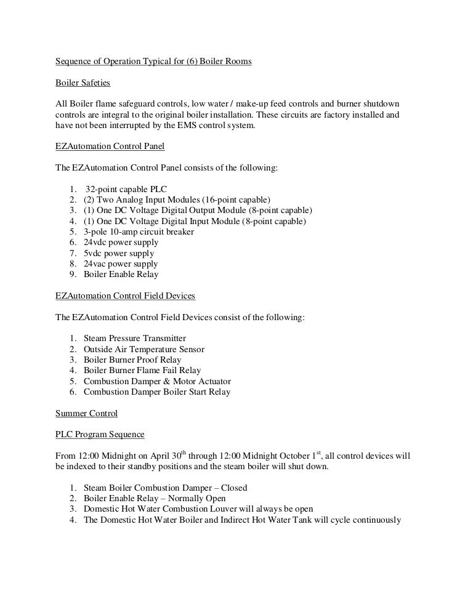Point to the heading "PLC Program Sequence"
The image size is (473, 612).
pos(100,435)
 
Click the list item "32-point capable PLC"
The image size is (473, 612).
pos(126,189)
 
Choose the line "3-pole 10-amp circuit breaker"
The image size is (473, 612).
pos(139,232)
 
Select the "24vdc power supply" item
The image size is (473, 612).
pos(121,243)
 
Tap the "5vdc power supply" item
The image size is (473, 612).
pos(119,253)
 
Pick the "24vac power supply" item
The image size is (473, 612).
pos(121,264)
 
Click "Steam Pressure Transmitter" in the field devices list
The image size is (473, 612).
pos(134,339)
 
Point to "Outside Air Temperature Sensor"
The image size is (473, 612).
pos(144,349)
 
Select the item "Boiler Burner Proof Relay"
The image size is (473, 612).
pos(132,360)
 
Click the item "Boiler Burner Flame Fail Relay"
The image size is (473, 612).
pos(142,371)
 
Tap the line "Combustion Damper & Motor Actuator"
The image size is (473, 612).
pos(156,381)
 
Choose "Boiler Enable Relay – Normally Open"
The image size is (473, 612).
pos(155,498)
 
